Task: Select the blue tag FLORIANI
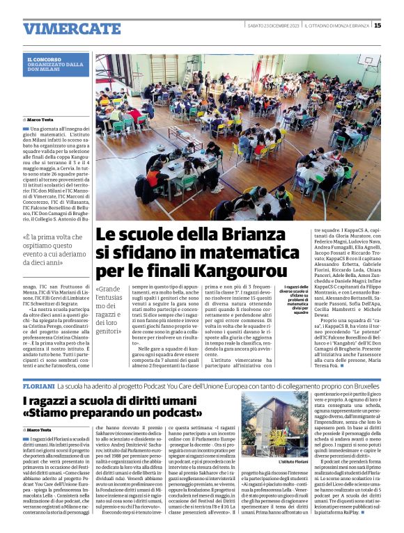tap(38, 385)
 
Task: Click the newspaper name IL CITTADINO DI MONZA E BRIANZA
tap(336, 26)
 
